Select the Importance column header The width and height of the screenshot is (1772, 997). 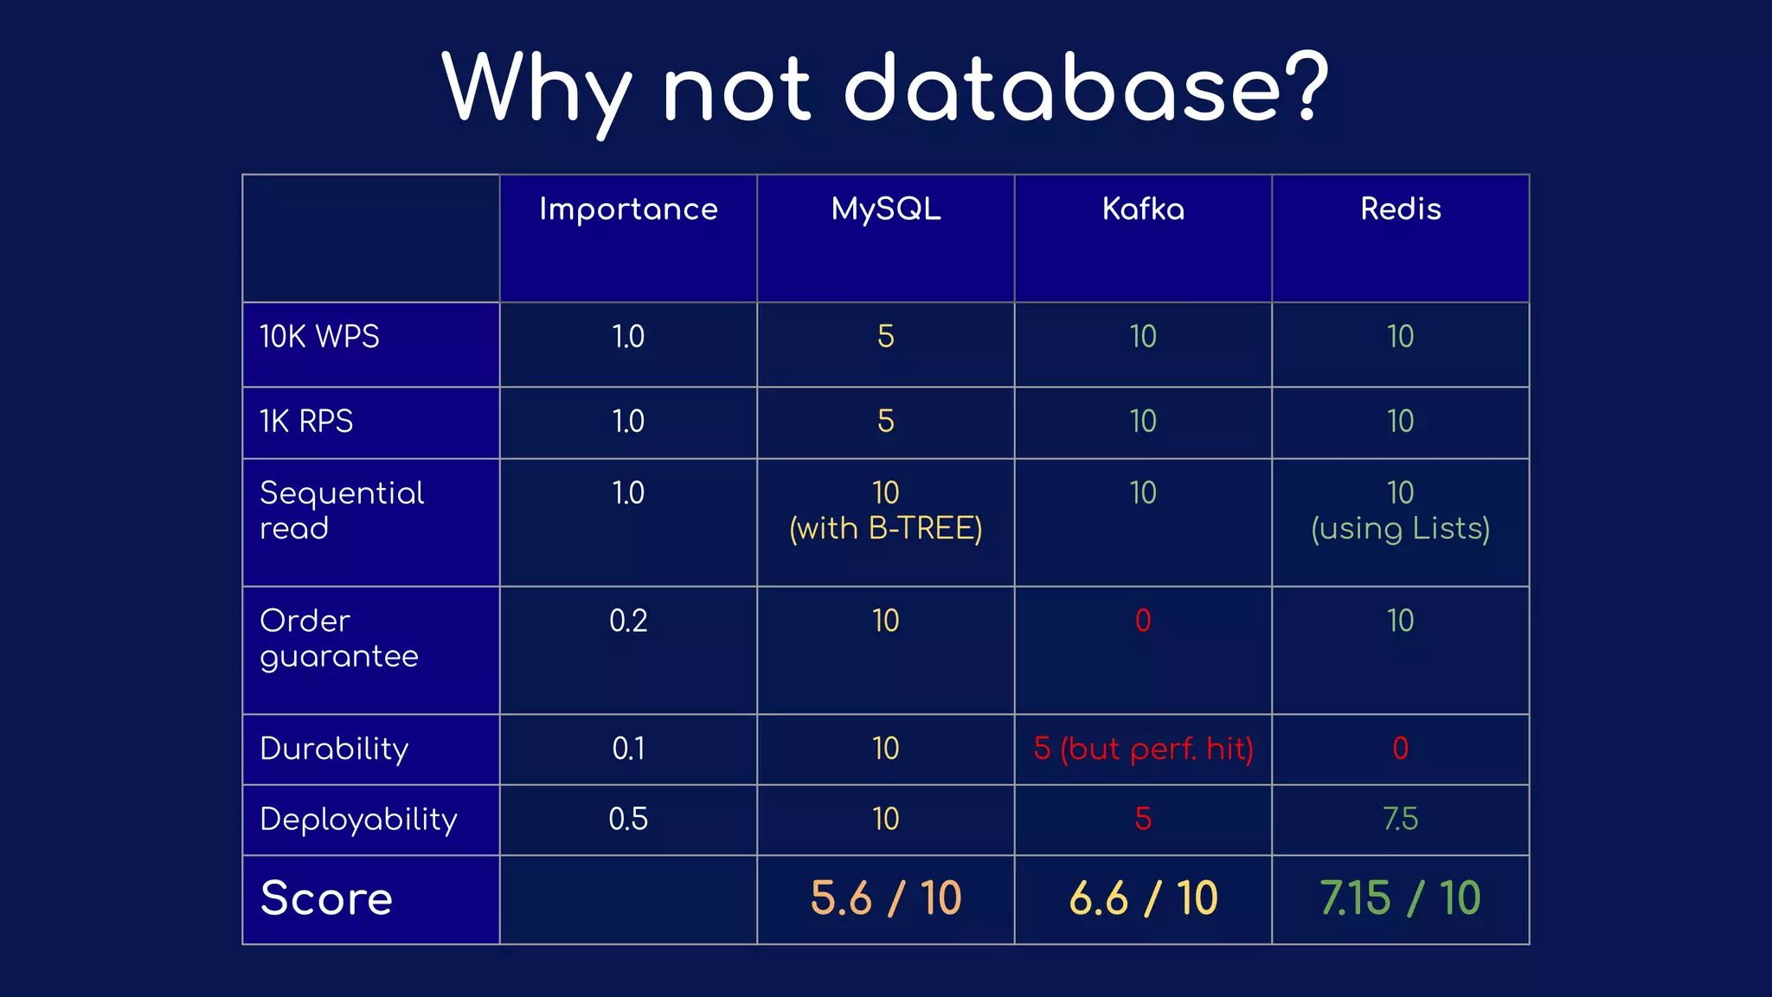click(x=628, y=209)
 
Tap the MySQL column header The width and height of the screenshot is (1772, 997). click(x=885, y=209)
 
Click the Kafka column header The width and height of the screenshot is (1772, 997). click(x=1143, y=209)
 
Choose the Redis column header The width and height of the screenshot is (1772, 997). click(x=1400, y=209)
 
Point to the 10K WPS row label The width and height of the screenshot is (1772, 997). click(x=319, y=337)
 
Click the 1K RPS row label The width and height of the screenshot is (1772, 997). click(x=306, y=421)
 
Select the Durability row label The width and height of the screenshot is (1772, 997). click(x=334, y=749)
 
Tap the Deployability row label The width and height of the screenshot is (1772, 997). click(x=358, y=820)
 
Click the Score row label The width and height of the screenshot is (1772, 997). click(x=326, y=898)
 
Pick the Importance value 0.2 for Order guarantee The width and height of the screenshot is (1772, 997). click(x=628, y=621)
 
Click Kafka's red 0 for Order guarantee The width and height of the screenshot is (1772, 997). click(x=1143, y=621)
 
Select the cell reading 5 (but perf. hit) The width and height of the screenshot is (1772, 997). click(x=1143, y=749)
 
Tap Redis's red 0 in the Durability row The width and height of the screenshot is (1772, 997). click(x=1400, y=749)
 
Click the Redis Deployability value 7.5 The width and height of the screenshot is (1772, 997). click(x=1400, y=820)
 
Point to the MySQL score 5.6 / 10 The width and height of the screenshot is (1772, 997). click(x=885, y=898)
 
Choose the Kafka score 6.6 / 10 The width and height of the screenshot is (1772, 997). click(x=1143, y=898)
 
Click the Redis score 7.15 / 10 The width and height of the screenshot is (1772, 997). click(x=1400, y=898)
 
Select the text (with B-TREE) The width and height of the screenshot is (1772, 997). click(x=885, y=529)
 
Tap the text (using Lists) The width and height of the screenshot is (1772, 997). click(x=1400, y=529)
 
